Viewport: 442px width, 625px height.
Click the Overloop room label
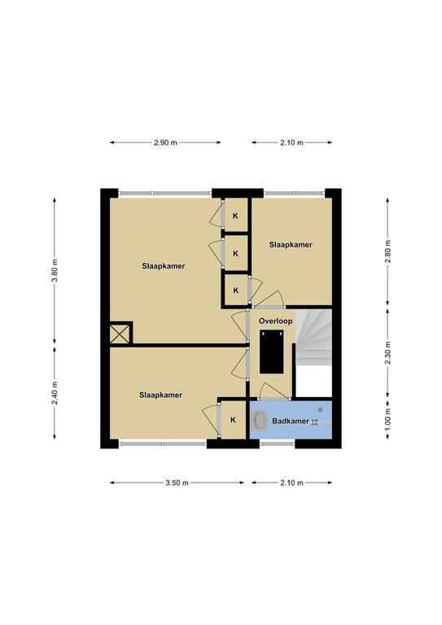pos(275,321)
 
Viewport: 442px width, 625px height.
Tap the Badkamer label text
pos(291,421)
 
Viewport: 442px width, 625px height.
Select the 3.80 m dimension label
pos(55,270)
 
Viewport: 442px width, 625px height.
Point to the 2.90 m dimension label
pos(165,142)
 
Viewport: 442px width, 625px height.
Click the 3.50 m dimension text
pos(177,483)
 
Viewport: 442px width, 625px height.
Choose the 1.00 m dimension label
pos(387,419)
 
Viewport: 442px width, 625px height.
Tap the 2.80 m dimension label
pos(387,251)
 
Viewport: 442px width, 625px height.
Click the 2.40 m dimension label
pos(55,392)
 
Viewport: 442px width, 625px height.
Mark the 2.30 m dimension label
pos(387,352)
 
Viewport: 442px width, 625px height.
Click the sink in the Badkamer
pos(260,421)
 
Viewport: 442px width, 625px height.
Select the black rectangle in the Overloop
pos(272,352)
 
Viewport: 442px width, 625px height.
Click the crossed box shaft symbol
pos(120,334)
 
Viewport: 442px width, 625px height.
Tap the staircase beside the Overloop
pos(314,338)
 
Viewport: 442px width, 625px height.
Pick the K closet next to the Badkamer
pos(233,420)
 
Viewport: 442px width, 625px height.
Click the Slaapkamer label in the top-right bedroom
pos(291,245)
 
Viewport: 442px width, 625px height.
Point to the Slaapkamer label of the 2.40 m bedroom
pos(160,395)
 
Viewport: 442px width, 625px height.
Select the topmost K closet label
pos(235,216)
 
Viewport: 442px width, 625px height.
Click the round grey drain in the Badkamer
pos(320,410)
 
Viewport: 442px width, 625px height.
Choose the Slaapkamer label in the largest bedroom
pos(164,266)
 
